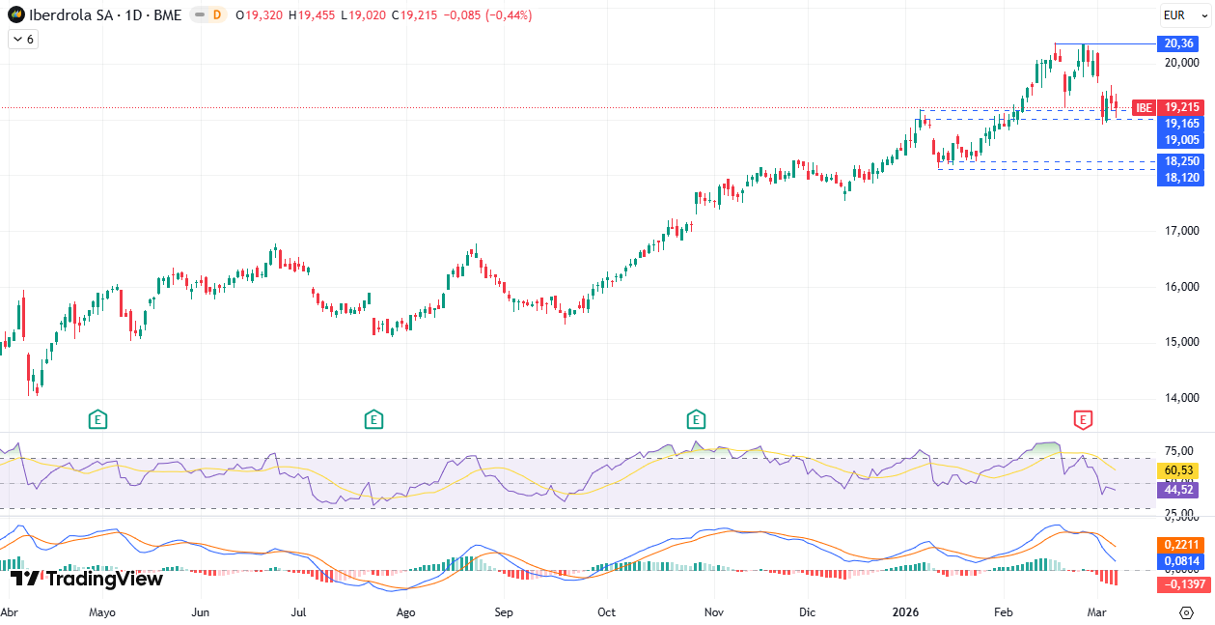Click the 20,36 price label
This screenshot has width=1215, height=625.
tap(1180, 43)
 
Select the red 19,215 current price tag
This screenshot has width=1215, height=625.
tap(1180, 107)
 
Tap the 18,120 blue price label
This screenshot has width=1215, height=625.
tap(1180, 178)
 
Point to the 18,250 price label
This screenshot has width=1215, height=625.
tap(1180, 161)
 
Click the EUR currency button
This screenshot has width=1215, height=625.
tap(1174, 14)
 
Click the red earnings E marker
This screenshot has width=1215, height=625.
tap(1083, 419)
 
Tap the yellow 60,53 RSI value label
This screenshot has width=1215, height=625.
tap(1180, 470)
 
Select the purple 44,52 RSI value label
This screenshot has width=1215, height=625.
tap(1180, 490)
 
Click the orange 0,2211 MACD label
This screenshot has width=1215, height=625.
tap(1180, 544)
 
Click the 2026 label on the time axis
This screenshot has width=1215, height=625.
tap(905, 612)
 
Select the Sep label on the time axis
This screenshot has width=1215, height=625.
tap(503, 612)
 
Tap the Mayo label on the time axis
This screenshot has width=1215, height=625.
tap(101, 612)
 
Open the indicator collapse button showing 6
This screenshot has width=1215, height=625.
tap(22, 40)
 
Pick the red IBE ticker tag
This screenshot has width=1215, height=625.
tap(1144, 107)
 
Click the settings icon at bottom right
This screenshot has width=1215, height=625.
tap(1186, 612)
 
